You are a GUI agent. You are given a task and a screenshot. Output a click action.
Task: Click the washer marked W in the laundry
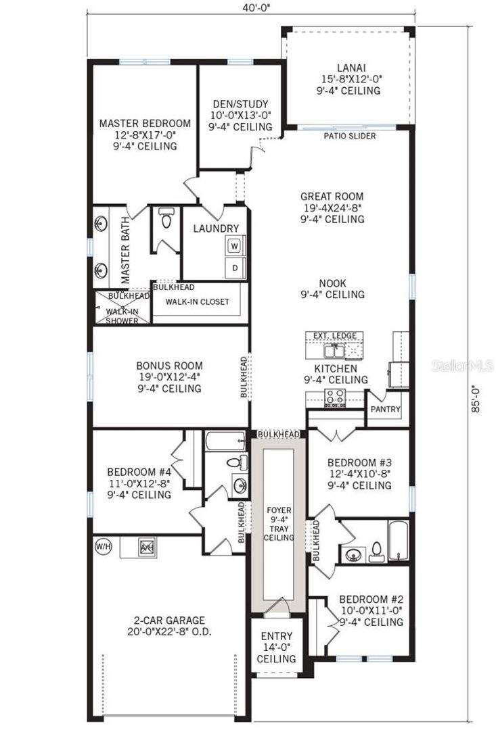click(235, 245)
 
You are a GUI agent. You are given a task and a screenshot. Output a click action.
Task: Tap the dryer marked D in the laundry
click(235, 268)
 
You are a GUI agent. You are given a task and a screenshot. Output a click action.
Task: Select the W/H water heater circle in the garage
click(103, 546)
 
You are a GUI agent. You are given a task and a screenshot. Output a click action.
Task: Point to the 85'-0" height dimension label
click(476, 399)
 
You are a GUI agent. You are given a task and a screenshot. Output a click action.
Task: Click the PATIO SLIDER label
click(350, 136)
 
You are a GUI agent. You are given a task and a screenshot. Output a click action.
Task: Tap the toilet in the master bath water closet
click(166, 218)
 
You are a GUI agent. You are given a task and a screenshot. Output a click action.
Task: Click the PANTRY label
click(386, 409)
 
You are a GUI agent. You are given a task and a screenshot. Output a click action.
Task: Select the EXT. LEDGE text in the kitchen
click(335, 336)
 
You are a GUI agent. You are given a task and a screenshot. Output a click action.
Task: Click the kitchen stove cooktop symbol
click(335, 398)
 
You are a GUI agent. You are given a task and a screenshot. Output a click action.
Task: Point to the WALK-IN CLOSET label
click(197, 301)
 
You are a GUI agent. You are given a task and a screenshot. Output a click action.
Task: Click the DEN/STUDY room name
click(240, 104)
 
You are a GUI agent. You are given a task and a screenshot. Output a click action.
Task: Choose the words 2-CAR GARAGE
click(169, 620)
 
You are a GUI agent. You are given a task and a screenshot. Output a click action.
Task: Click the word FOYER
click(279, 510)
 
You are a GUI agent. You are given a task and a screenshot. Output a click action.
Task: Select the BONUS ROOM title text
click(169, 366)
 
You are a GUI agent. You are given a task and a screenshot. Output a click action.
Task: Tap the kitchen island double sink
click(335, 351)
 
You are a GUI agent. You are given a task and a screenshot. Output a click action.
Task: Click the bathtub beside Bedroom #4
click(225, 441)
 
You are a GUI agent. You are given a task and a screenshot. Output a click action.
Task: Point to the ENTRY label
click(277, 636)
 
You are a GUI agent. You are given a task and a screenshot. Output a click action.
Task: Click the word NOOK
click(333, 283)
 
